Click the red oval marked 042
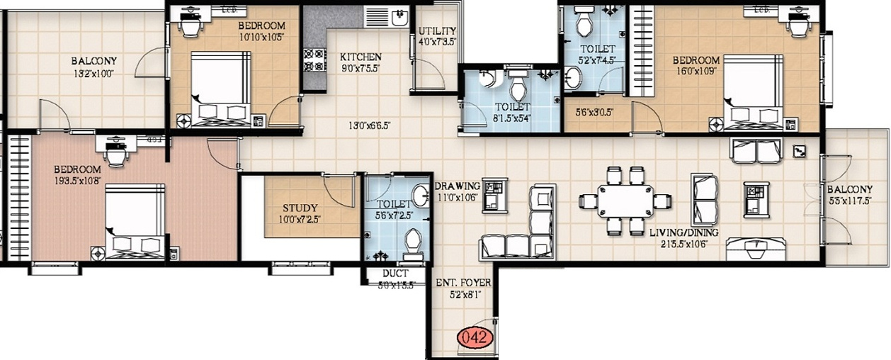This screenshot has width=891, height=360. [473, 337]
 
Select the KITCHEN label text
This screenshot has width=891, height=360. [361, 57]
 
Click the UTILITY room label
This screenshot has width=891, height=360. [437, 31]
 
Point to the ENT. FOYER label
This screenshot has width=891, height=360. [463, 283]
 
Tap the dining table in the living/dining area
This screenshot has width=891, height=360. [625, 201]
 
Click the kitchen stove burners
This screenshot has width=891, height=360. [314, 60]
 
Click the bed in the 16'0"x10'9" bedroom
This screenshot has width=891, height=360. [753, 93]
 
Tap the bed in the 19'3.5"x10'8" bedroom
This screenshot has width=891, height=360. [135, 222]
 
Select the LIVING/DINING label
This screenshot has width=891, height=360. [684, 232]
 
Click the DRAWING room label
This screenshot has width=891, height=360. [458, 186]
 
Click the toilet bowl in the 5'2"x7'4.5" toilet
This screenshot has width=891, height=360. [584, 24]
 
